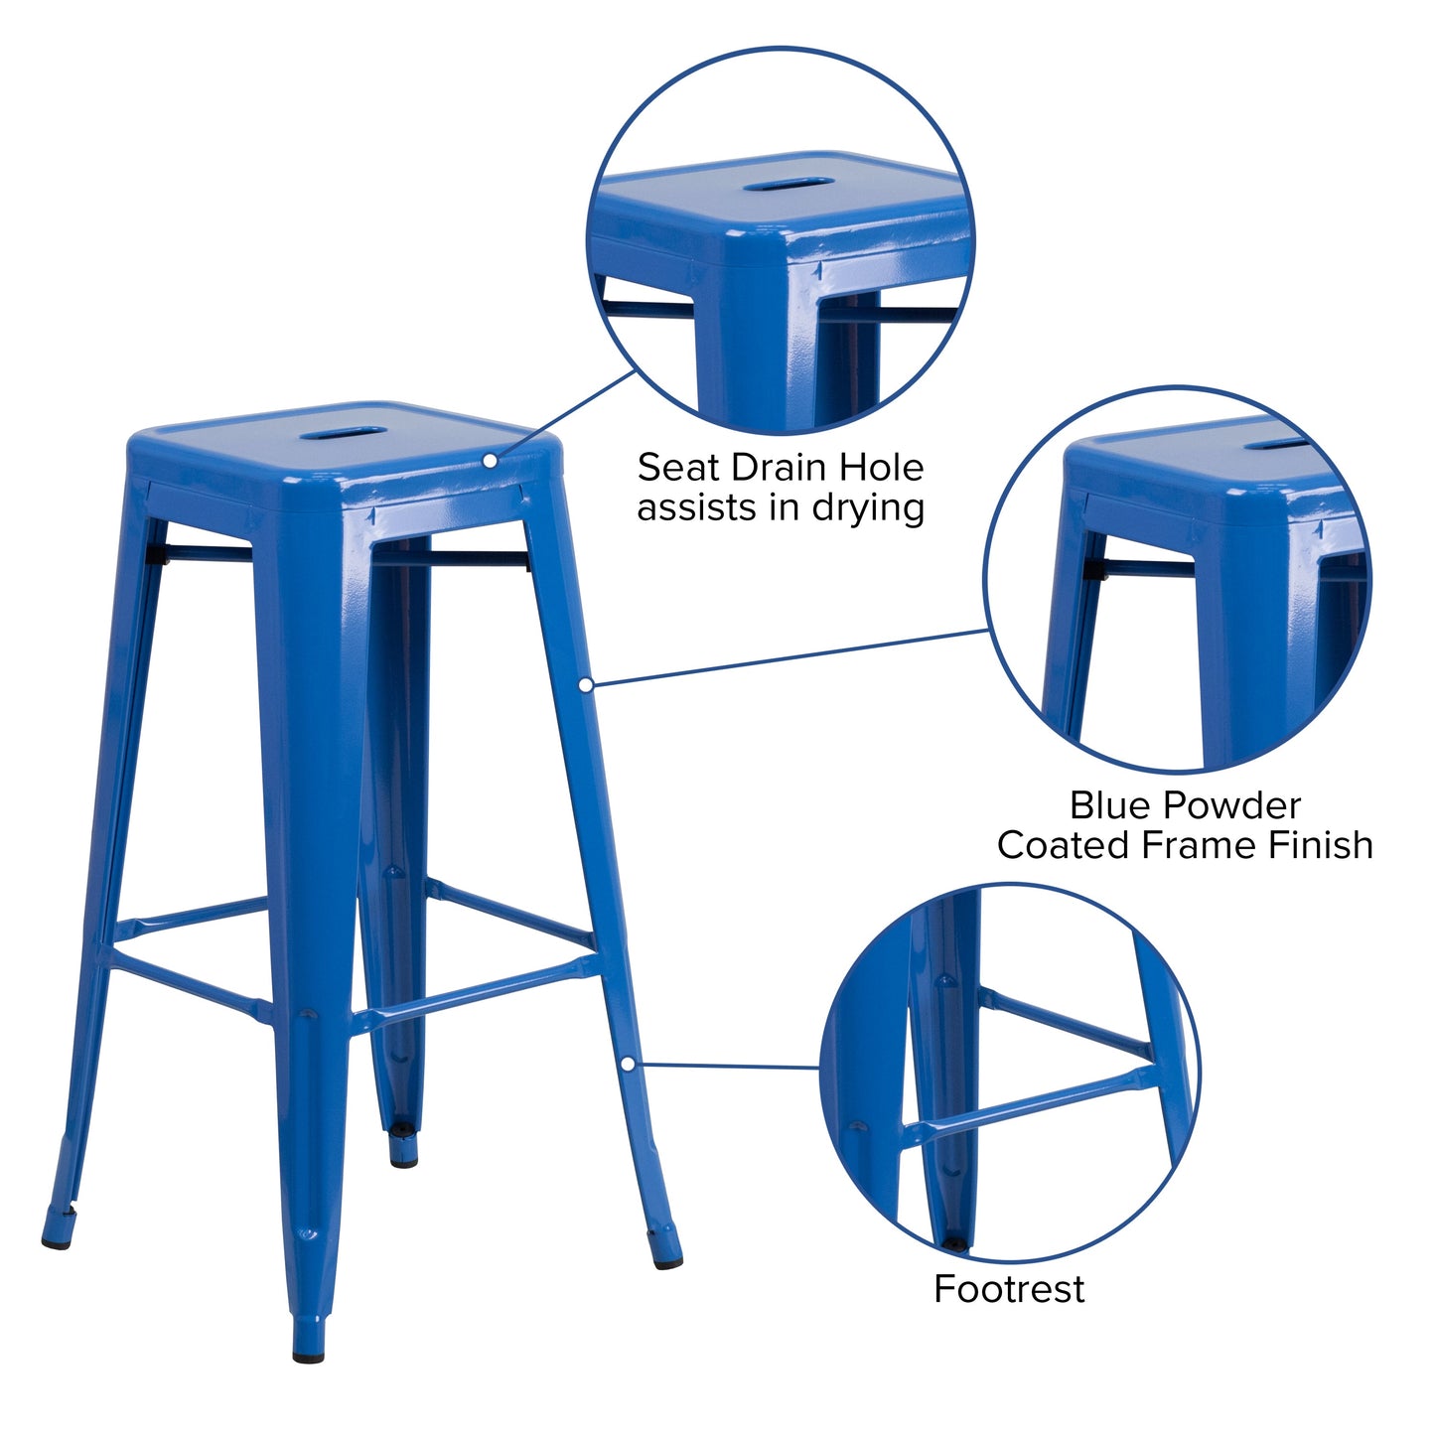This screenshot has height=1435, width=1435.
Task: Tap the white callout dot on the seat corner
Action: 490,460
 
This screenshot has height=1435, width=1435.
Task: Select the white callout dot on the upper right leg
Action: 586,684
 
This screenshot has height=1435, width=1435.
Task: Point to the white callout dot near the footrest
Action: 628,1064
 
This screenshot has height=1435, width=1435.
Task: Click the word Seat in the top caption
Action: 673,467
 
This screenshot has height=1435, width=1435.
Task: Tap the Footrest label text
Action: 1009,1289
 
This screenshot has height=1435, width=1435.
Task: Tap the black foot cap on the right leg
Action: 666,1261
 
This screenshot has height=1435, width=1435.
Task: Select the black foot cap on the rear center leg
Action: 403,1159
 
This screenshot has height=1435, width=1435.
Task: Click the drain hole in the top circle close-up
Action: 789,185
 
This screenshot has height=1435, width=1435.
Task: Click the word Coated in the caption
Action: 1064,845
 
